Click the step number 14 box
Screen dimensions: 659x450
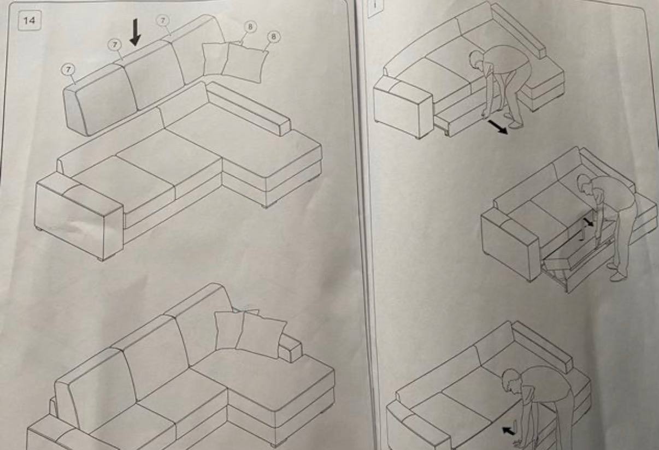[x=29, y=20]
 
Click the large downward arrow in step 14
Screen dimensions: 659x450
[x=135, y=32]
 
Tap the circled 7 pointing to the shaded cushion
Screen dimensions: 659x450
[x=68, y=69]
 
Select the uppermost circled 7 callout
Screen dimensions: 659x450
[x=163, y=20]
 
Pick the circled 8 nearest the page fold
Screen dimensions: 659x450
[x=274, y=37]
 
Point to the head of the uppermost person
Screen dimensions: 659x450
[x=476, y=59]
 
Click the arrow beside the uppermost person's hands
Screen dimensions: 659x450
[x=498, y=127]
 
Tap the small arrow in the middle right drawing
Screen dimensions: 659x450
[x=589, y=222]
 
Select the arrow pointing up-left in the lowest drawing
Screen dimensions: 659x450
[x=509, y=431]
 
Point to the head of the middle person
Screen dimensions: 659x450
[x=585, y=184]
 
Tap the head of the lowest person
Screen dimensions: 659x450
[x=510, y=382]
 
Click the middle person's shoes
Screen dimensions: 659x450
[x=616, y=271]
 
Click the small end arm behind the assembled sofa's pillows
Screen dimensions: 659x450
[x=290, y=348]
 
